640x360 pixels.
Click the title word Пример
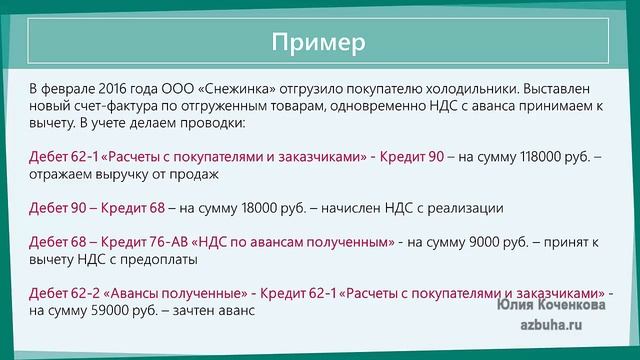[319, 42]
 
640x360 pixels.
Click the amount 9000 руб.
[501, 243]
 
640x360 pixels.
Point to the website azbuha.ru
[564, 327]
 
